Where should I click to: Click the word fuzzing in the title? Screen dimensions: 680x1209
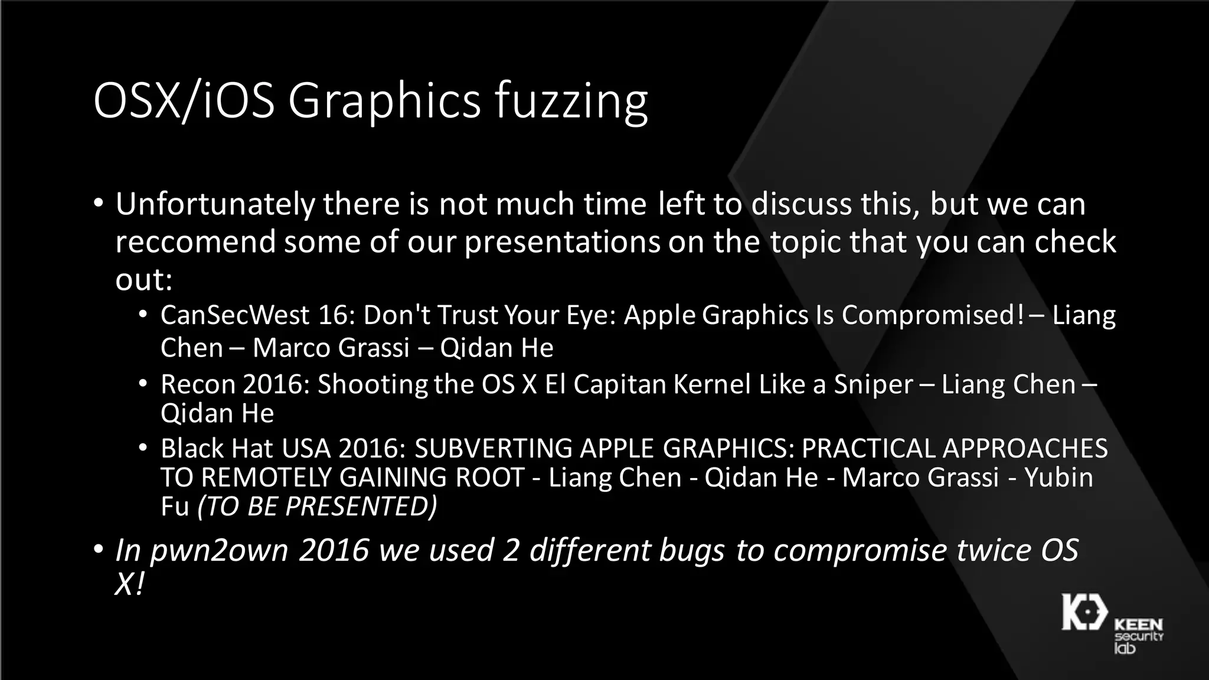coord(571,102)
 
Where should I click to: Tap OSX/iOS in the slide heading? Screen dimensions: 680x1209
coord(184,102)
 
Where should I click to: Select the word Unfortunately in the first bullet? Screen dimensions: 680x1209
coord(215,204)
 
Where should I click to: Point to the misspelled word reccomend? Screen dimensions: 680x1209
coord(195,242)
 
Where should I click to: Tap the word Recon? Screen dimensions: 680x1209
coord(197,384)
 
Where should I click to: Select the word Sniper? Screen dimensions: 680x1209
coord(873,384)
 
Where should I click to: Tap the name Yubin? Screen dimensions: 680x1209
coord(1058,478)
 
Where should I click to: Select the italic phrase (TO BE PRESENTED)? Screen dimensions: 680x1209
coord(317,506)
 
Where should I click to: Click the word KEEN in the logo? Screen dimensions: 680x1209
coord(1138,625)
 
